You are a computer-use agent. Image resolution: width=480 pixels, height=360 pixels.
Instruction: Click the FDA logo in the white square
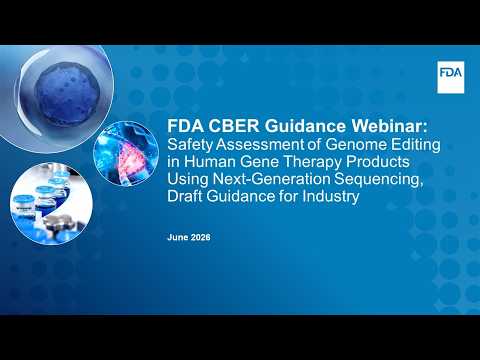(x=450, y=73)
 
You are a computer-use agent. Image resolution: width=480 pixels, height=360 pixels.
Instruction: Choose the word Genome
(x=356, y=145)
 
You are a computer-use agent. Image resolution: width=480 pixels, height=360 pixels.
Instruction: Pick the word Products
(x=378, y=162)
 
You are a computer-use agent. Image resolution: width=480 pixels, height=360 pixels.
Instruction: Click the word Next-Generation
(x=272, y=179)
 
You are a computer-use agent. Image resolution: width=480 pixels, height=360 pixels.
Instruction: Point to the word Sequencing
(x=379, y=180)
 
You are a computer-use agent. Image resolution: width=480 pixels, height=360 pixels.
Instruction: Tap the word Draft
(x=185, y=196)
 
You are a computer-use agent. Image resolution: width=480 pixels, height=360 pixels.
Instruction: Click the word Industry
(x=331, y=197)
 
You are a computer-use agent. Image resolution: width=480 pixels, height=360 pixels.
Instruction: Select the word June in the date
(x=178, y=237)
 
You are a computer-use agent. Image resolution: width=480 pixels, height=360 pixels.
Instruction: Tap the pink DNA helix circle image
(x=126, y=154)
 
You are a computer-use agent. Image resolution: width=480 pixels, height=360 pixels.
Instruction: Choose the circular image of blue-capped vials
(x=51, y=203)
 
